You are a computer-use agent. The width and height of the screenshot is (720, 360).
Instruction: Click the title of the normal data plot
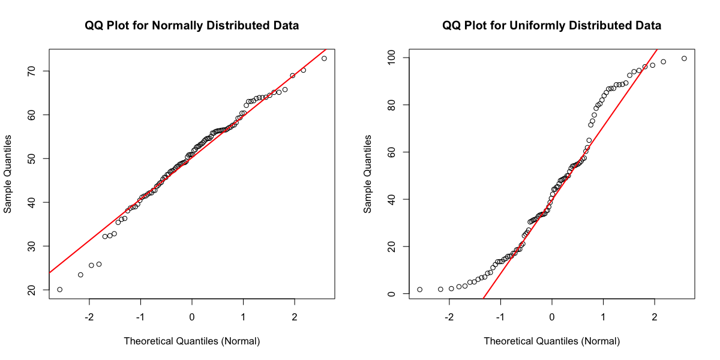point(192,26)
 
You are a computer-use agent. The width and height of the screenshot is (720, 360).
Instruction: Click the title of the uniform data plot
point(552,26)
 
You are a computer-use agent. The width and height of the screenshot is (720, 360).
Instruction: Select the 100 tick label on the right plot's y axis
point(392,58)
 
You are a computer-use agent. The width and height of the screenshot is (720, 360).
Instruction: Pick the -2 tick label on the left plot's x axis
point(89,316)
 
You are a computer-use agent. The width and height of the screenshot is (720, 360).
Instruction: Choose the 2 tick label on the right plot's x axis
point(655,316)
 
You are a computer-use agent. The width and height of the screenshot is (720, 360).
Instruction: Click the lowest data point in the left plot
point(59,289)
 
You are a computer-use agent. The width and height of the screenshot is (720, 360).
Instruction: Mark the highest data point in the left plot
point(324,58)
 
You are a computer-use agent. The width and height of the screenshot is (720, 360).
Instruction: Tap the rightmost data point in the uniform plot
point(684,58)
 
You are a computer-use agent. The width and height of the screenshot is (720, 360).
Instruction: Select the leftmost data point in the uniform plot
point(419,289)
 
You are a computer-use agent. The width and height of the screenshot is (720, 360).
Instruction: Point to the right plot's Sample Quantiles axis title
point(368,174)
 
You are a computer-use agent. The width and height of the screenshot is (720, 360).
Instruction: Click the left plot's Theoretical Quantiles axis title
point(192,341)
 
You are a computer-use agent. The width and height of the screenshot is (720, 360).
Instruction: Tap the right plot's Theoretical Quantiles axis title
point(552,341)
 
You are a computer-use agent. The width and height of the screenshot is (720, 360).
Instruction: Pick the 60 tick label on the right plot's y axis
point(392,152)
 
